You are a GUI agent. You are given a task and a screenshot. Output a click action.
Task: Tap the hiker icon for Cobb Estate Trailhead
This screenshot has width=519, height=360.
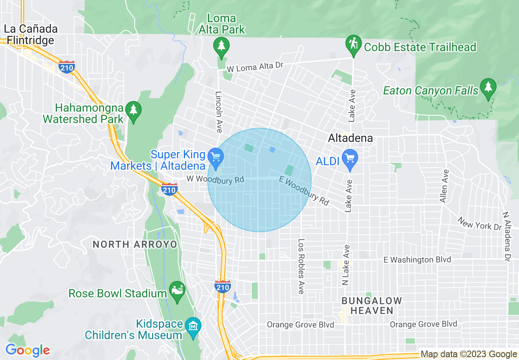(352, 43)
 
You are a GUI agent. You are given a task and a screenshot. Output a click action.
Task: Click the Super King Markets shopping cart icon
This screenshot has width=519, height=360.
(215, 156)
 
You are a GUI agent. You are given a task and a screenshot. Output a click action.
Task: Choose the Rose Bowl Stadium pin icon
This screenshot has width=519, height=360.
(177, 290)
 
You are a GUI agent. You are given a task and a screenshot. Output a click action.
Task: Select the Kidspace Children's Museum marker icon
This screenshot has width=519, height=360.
(193, 326)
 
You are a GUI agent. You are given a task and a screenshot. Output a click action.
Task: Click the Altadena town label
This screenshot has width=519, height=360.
(350, 138)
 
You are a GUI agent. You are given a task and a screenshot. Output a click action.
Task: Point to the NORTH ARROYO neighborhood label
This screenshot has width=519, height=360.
(135, 245)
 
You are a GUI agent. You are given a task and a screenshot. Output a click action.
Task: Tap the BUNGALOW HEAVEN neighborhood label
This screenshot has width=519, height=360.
(372, 306)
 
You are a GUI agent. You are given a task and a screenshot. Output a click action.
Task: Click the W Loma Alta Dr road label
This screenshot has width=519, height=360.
(255, 67)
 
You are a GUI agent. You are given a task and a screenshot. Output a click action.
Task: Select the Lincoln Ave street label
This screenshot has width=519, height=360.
(219, 112)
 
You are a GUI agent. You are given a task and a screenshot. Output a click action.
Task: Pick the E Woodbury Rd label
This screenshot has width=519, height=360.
(304, 191)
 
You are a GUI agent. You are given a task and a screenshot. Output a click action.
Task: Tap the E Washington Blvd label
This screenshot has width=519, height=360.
(417, 260)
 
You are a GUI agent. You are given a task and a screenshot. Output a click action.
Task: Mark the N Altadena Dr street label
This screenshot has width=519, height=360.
(507, 236)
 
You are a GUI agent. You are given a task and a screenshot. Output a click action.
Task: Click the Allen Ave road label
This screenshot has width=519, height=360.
(444, 186)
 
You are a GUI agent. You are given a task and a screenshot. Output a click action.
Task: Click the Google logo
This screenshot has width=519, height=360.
(27, 351)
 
